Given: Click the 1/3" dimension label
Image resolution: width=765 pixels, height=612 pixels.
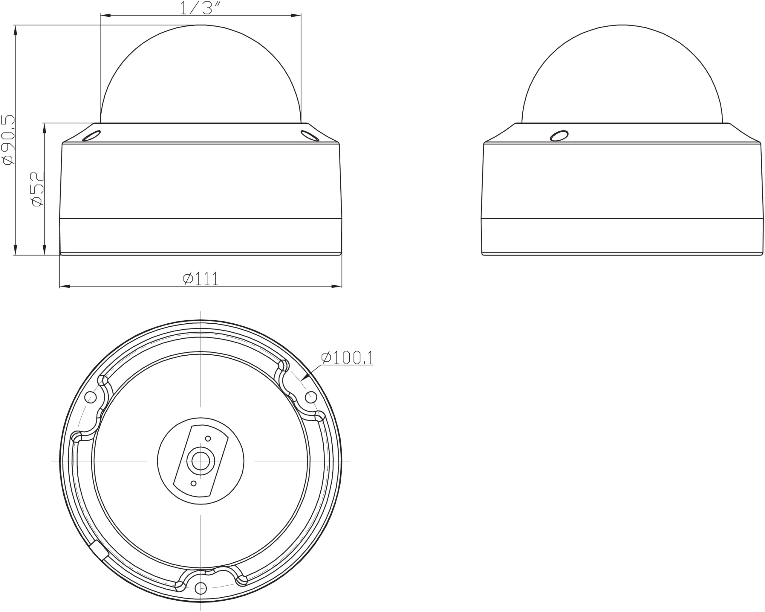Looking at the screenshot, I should (x=201, y=8).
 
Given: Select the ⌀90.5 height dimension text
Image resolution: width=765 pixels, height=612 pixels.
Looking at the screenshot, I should (x=8, y=140).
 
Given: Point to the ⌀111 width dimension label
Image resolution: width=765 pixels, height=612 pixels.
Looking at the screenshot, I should (x=201, y=278).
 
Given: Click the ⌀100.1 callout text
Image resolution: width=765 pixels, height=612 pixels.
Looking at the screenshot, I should (x=347, y=358).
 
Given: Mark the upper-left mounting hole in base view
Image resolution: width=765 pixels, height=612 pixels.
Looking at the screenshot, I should (x=91, y=397).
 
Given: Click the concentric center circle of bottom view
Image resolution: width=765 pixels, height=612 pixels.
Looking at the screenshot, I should (x=201, y=461).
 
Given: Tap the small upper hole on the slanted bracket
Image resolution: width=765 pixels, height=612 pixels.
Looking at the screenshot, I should (x=208, y=439).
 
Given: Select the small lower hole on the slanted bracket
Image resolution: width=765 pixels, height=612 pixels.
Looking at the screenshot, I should (x=193, y=483).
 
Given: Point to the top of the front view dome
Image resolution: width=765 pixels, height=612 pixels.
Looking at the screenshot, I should (x=201, y=25).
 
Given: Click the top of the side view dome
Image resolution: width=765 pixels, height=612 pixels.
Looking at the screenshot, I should (x=622, y=25).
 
